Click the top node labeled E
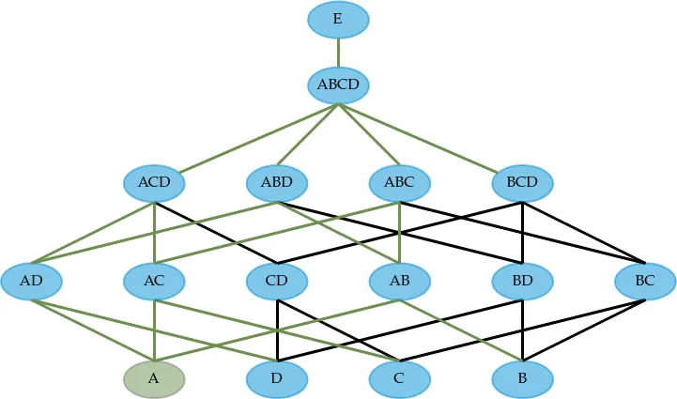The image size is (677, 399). (338, 20)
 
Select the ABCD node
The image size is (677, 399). (338, 85)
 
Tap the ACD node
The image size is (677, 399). (154, 183)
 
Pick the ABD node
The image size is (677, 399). (277, 183)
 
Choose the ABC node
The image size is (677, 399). (400, 183)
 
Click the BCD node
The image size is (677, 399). (522, 183)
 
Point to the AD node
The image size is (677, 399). (31, 282)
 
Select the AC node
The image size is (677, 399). (154, 282)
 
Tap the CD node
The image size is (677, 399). (277, 282)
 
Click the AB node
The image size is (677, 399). (400, 282)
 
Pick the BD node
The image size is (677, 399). (522, 282)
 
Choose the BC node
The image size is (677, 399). (645, 282)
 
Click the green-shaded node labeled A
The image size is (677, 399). (154, 379)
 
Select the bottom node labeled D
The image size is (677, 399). (277, 379)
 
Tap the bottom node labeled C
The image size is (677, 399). (400, 379)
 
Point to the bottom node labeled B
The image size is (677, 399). (522, 379)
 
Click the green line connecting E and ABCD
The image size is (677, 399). (338, 53)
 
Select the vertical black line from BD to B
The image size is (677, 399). (522, 330)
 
